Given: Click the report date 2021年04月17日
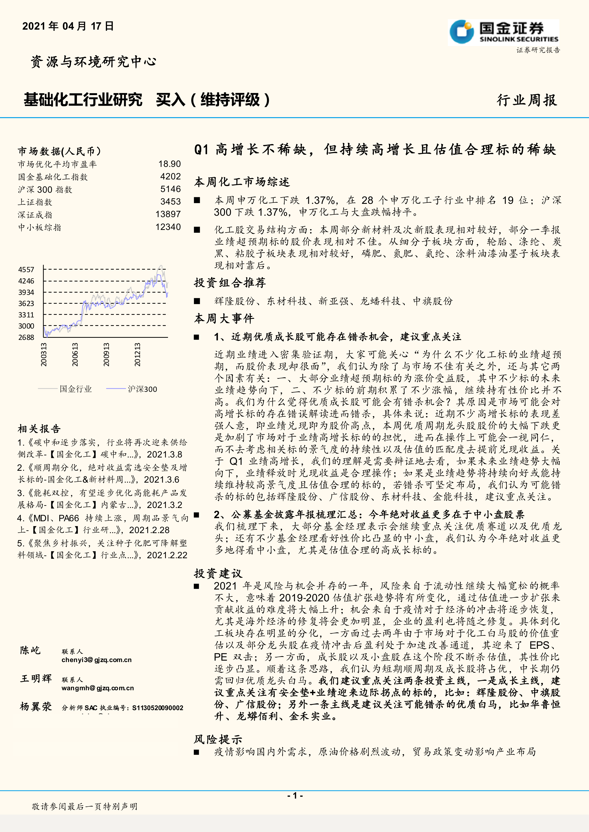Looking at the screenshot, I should pyautogui.click(x=68, y=26).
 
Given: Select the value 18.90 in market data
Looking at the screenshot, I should pyautogui.click(x=169, y=164).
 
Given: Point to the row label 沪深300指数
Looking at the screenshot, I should pyautogui.click(x=45, y=190).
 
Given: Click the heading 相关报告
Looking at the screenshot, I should pyautogui.click(x=39, y=429).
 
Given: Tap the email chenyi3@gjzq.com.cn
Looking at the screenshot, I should pyautogui.click(x=97, y=660).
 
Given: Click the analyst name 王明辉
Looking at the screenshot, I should pyautogui.click(x=36, y=678).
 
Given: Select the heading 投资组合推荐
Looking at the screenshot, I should pyautogui.click(x=229, y=283).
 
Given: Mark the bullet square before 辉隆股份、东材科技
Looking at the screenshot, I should pyautogui.click(x=197, y=301).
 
